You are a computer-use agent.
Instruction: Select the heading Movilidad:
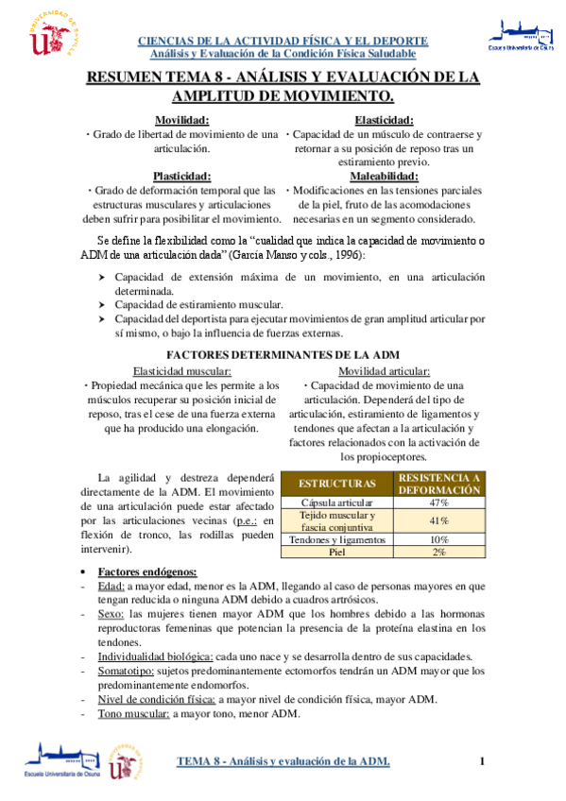coord(182,120)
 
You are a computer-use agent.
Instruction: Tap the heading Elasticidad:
coord(384,120)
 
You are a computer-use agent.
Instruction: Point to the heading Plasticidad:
coord(182,176)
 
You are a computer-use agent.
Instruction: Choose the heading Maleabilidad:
coord(384,176)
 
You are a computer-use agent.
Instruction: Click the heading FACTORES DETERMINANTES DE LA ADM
coord(283,355)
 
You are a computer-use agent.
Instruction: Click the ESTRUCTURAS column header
coord(336,484)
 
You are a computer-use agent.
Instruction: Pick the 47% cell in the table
coord(438,503)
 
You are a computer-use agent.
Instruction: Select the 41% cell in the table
coord(438,521)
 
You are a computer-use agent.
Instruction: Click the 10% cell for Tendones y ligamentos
coord(438,539)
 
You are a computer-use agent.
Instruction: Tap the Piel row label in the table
coord(337,552)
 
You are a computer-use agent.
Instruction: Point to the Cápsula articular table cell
coord(337,503)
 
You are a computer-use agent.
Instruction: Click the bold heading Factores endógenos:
coord(147,572)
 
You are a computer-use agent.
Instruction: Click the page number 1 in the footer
coord(481,761)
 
